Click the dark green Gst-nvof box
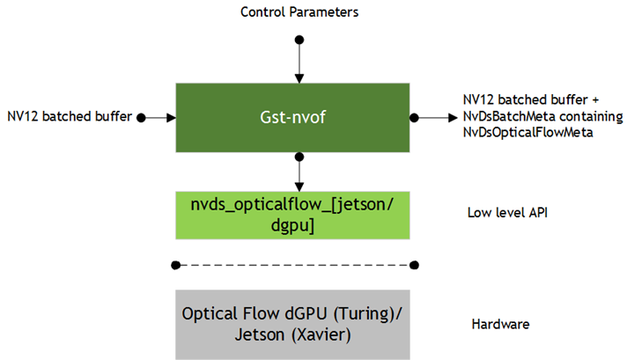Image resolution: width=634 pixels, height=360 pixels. [x=292, y=117]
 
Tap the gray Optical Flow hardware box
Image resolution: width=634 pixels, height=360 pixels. [x=292, y=324]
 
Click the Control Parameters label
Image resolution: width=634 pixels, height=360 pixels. [x=299, y=12]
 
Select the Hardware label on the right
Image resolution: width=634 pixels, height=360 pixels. [x=501, y=325]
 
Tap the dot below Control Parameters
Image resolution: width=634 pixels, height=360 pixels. [x=299, y=40]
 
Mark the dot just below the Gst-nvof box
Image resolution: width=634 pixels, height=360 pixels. [x=299, y=157]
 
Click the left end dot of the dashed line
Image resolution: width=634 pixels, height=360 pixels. [x=176, y=264]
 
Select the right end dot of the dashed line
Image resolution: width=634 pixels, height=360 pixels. [x=414, y=264]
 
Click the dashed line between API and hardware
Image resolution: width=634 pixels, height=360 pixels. [x=295, y=264]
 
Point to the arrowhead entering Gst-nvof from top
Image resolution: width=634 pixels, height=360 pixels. [x=299, y=78]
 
